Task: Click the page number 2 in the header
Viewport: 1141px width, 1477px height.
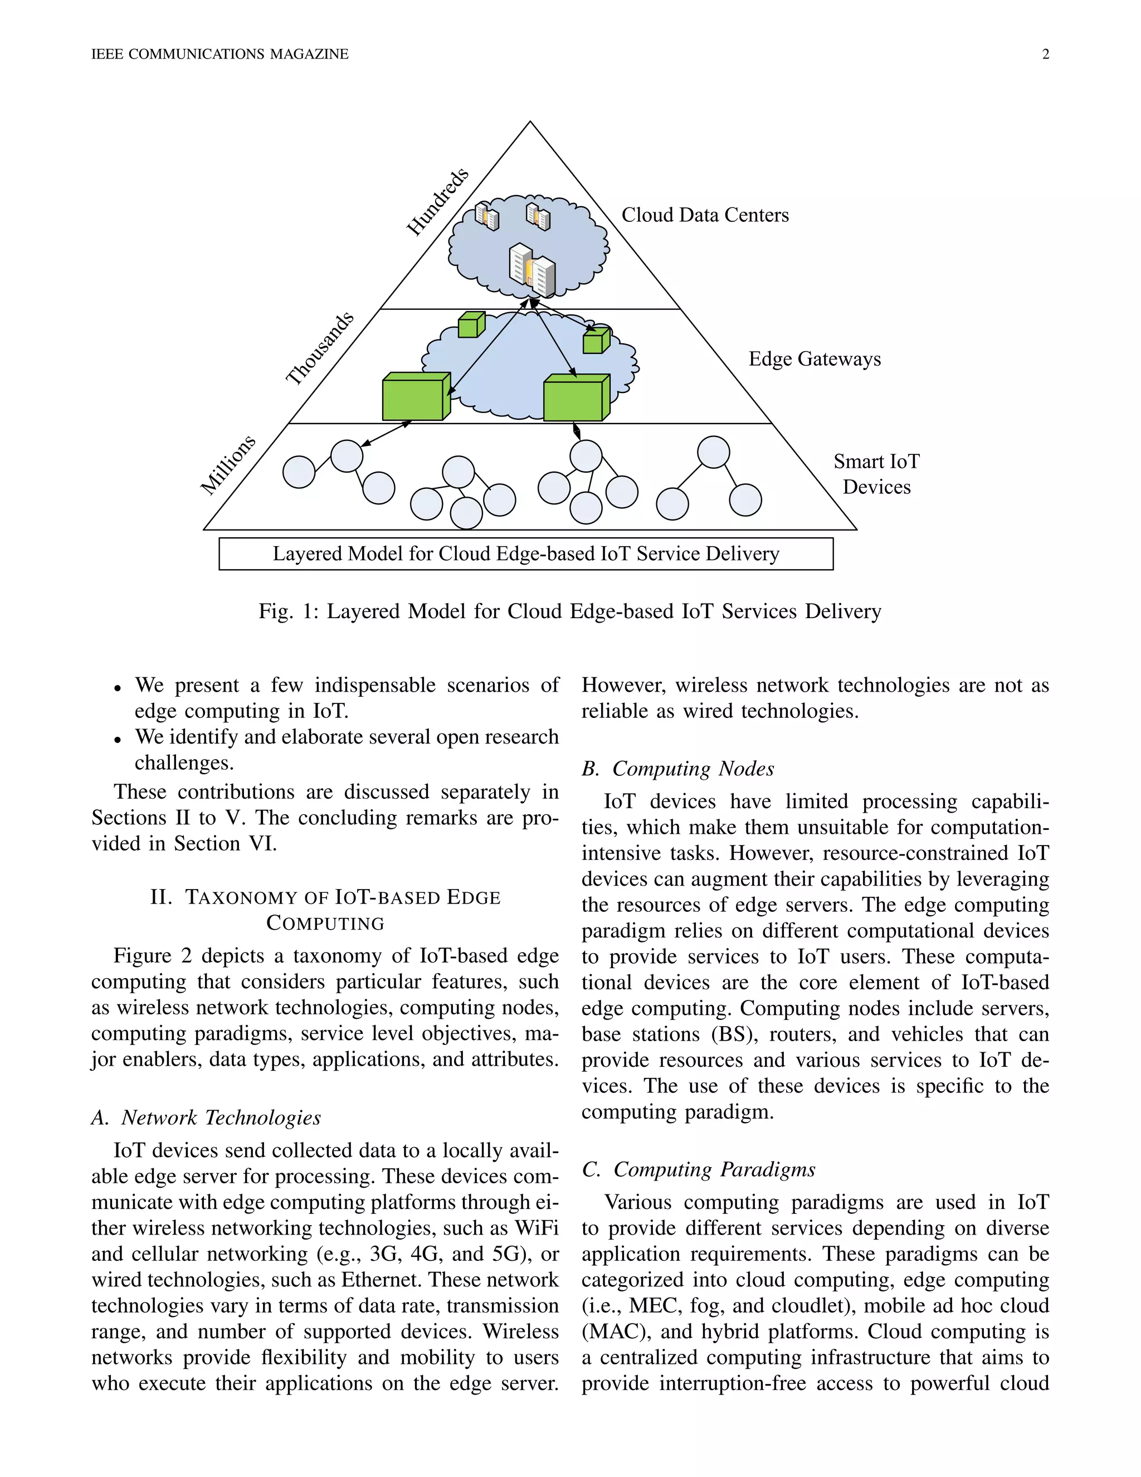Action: [1045, 55]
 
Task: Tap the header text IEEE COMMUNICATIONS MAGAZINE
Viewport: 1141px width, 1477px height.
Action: [220, 55]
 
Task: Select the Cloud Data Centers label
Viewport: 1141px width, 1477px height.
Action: [704, 215]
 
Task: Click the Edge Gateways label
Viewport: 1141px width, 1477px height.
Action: [814, 359]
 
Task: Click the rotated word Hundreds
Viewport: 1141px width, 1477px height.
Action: [437, 202]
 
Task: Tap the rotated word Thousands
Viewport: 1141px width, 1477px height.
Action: [319, 349]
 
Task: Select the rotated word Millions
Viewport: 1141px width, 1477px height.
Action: [228, 465]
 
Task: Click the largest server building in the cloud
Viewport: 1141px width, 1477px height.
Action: [532, 270]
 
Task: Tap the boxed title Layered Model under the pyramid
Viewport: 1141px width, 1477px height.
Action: [525, 554]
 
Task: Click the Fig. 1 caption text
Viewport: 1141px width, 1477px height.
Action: [570, 611]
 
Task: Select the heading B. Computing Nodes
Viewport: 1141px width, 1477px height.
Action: [677, 769]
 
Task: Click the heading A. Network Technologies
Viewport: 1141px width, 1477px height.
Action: [206, 1118]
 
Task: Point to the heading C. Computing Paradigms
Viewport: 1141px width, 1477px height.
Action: [698, 1169]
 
